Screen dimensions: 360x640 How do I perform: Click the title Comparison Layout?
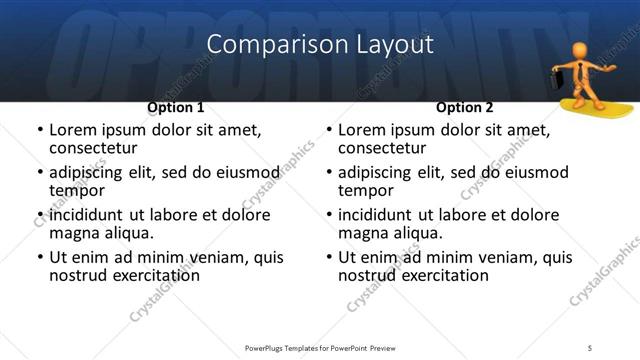[x=319, y=44]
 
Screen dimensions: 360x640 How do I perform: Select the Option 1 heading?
[x=175, y=107]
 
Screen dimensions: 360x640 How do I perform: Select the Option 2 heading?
[x=464, y=107]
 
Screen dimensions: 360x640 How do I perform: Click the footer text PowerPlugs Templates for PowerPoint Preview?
[x=319, y=347]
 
